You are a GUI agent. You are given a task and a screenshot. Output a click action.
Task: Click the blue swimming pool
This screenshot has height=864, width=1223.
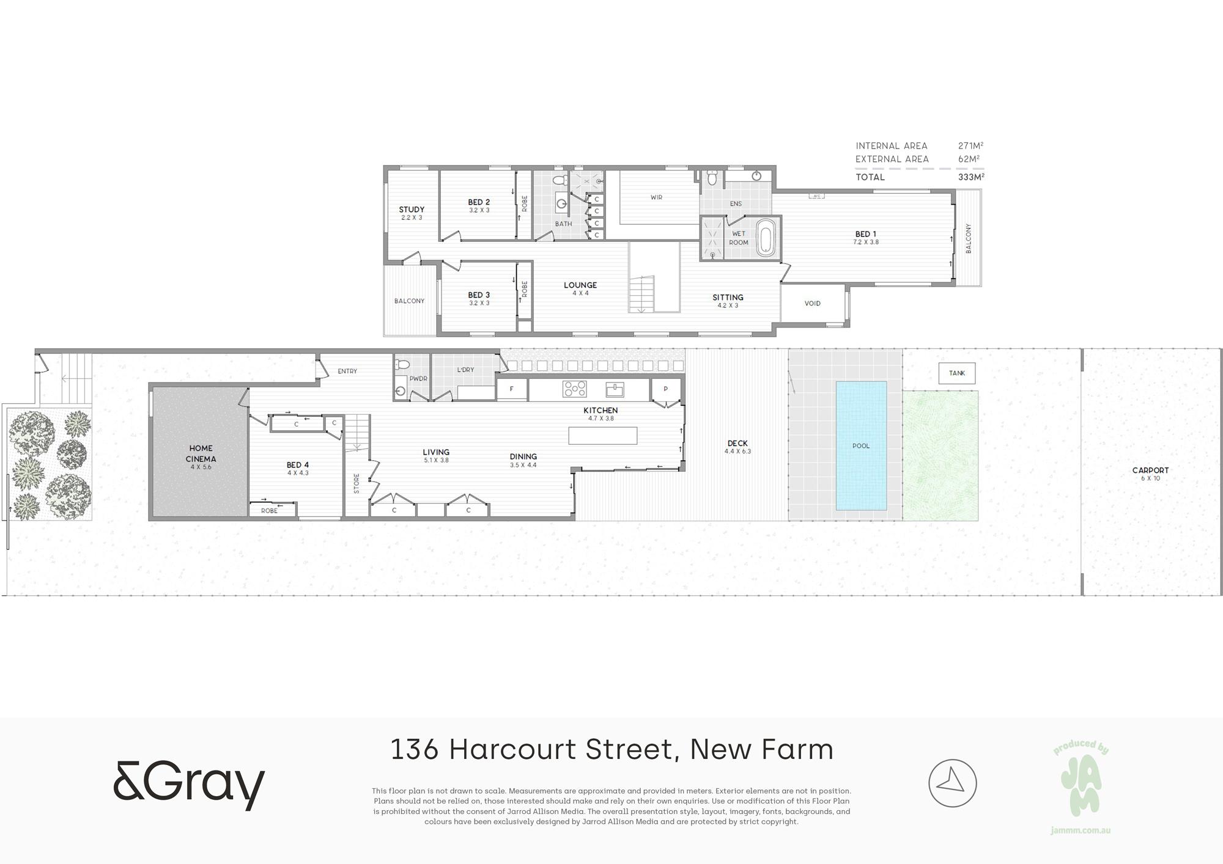[861, 445]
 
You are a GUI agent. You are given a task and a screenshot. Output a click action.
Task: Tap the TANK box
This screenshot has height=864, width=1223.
[957, 373]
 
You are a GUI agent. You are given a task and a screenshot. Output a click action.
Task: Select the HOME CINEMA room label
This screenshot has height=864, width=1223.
[201, 453]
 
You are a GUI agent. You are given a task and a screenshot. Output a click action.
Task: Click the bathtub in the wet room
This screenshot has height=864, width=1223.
[766, 238]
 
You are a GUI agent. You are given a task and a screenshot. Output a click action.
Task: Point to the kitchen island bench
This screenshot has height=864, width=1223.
[603, 436]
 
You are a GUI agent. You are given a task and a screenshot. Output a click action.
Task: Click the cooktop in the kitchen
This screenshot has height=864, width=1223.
[575, 389]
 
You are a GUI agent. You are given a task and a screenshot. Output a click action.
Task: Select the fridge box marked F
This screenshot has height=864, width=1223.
[512, 389]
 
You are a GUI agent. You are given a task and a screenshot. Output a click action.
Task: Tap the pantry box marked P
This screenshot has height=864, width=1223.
[665, 389]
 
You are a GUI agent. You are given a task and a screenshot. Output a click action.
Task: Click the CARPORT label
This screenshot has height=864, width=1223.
[1150, 470]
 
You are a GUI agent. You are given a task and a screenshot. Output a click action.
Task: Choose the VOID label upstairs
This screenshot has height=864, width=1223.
[813, 304]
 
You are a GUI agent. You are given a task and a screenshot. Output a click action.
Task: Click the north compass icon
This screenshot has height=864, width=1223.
[953, 783]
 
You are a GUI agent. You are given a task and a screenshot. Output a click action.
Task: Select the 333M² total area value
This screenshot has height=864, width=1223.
[971, 177]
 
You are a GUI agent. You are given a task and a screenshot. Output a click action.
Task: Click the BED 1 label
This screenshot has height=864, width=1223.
[866, 234]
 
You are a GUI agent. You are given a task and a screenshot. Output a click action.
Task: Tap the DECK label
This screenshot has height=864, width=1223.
[737, 444]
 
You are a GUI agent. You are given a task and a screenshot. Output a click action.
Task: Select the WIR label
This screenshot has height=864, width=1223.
[656, 197]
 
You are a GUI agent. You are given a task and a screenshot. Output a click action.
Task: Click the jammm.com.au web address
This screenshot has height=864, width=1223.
[1081, 830]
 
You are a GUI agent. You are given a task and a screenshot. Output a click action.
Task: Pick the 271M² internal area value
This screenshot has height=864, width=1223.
[971, 146]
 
